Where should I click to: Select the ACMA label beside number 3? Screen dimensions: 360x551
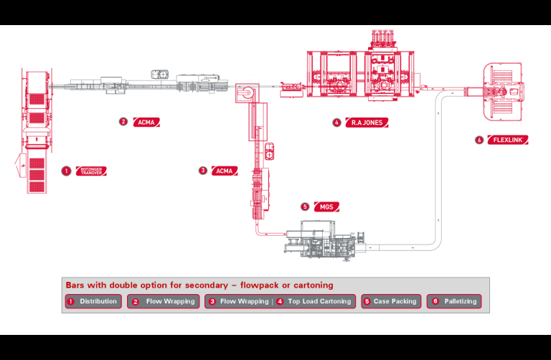coord(225,171)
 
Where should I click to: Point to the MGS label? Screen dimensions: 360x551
coord(326,207)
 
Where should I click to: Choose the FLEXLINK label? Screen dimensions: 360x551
coord(507,140)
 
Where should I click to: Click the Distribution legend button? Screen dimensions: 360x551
coord(93,302)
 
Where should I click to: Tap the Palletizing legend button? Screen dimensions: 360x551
coord(453,302)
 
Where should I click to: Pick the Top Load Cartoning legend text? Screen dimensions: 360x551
coord(319,302)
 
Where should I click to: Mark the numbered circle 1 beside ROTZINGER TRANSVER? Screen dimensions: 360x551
coord(66,171)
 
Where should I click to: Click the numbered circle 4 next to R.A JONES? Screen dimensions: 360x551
coord(336,123)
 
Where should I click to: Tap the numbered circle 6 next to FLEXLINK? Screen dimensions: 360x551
coord(479,140)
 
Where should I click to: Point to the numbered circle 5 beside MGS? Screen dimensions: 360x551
coord(305,207)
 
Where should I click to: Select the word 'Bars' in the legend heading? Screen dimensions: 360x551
coord(75,285)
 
